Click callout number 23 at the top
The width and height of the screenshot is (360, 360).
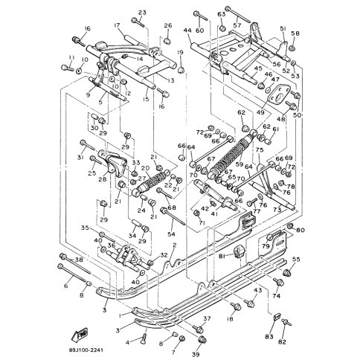pyautogui.click(x=141, y=12)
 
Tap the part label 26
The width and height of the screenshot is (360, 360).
pyautogui.click(x=168, y=26)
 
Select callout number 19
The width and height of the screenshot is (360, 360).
pyautogui.click(x=180, y=51)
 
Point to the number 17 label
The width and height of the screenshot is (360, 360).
pyautogui.click(x=117, y=26)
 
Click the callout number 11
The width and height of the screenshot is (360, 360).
pyautogui.click(x=71, y=57)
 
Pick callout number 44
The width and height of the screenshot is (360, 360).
pyautogui.click(x=187, y=31)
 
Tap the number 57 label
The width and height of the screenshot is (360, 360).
pyautogui.click(x=237, y=25)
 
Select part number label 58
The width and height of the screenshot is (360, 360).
pyautogui.click(x=295, y=33)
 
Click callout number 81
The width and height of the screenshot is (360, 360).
pyautogui.click(x=221, y=257)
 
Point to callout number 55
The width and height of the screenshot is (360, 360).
pyautogui.click(x=296, y=260)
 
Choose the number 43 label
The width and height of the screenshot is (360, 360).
pyautogui.click(x=258, y=290)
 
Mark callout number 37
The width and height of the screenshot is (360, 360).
pyautogui.click(x=208, y=319)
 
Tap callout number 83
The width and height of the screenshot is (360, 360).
pyautogui.click(x=269, y=336)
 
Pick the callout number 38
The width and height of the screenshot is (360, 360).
pyautogui.click(x=79, y=260)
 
